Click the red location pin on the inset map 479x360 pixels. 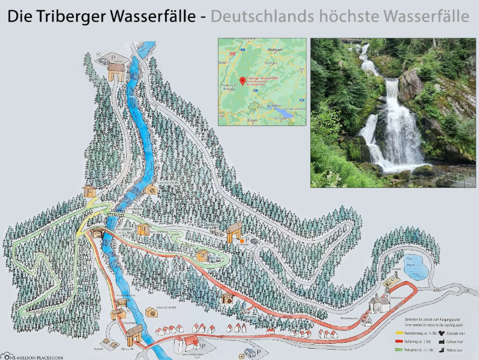(x=242, y=81)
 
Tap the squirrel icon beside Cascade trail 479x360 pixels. (x=441, y=332)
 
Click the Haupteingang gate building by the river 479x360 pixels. (x=134, y=332)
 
